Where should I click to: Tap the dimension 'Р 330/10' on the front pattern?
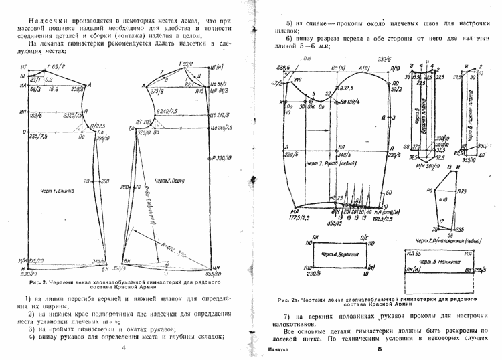pos(219,159)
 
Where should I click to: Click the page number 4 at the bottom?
pos(123,348)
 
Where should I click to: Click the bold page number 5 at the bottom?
pos(378,349)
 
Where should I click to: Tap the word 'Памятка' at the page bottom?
pos(277,350)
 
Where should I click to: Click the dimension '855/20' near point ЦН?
pos(214,274)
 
